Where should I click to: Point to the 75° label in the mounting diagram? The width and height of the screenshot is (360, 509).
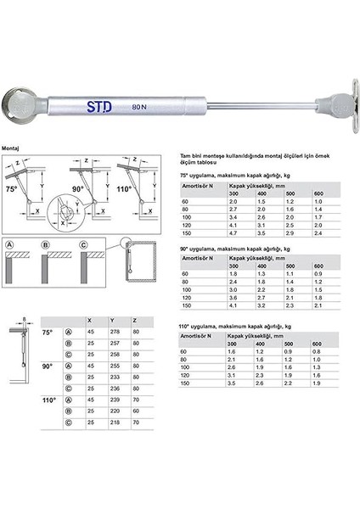click(x=13, y=188)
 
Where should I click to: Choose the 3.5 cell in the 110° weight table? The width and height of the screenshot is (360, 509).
click(x=233, y=383)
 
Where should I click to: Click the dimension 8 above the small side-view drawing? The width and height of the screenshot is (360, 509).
click(x=26, y=319)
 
